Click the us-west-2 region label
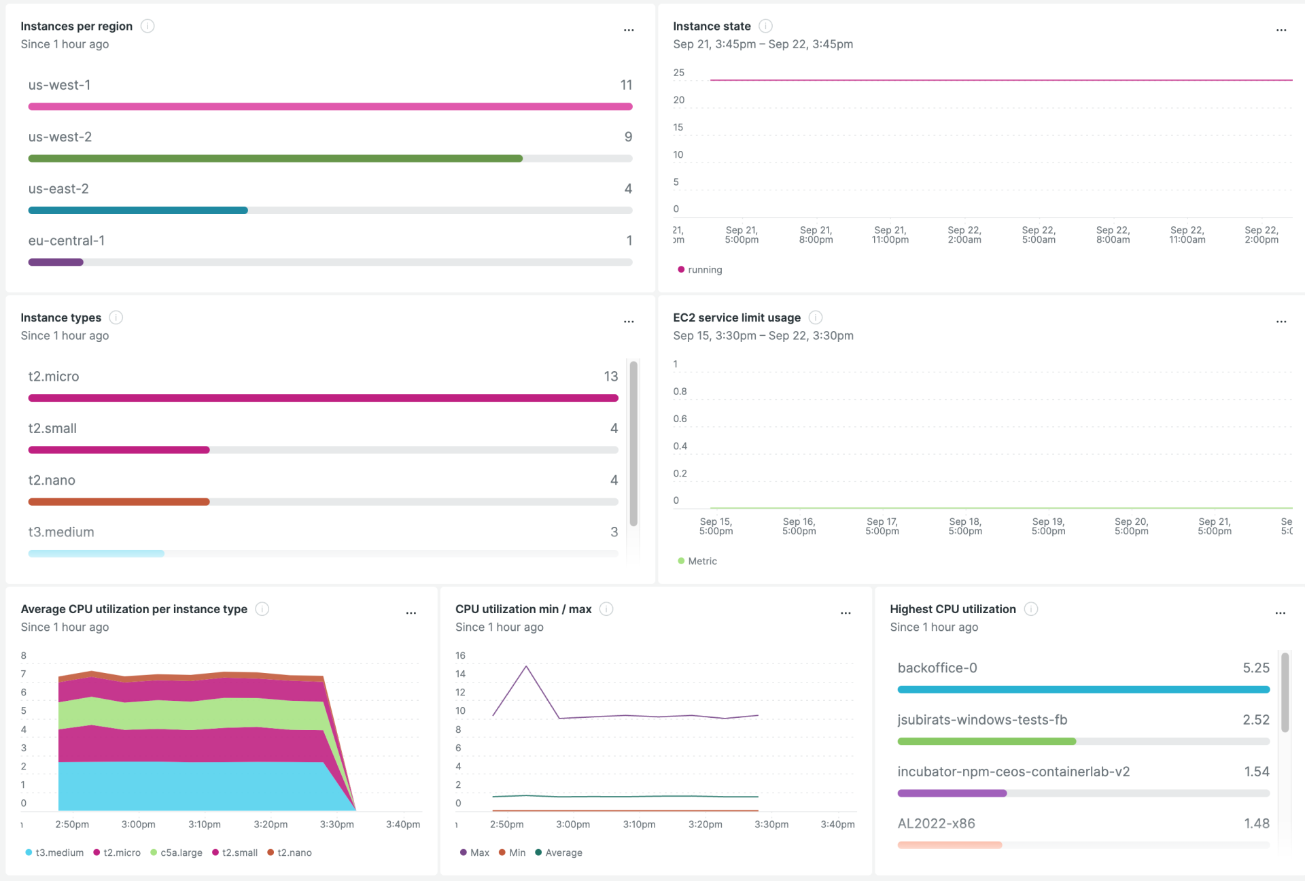[x=60, y=137]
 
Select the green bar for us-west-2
[x=275, y=158]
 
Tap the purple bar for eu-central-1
[x=56, y=262]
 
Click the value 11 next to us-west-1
[x=626, y=85]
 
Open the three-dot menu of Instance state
[x=1281, y=30]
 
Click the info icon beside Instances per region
[x=147, y=26]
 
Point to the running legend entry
[x=704, y=270]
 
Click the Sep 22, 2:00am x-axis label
[x=964, y=235]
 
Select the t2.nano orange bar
[x=119, y=502]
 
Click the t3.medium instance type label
[x=61, y=532]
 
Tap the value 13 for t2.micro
[x=610, y=376]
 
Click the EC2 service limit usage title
[x=737, y=317]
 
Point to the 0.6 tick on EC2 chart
[x=680, y=419]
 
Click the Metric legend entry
[x=701, y=562]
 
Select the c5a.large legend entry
[x=181, y=852]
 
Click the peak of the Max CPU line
[x=526, y=666]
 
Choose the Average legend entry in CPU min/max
[x=563, y=852]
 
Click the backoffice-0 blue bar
[x=1083, y=689]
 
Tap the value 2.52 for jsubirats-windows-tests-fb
[x=1255, y=720]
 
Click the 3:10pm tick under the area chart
[x=204, y=825]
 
